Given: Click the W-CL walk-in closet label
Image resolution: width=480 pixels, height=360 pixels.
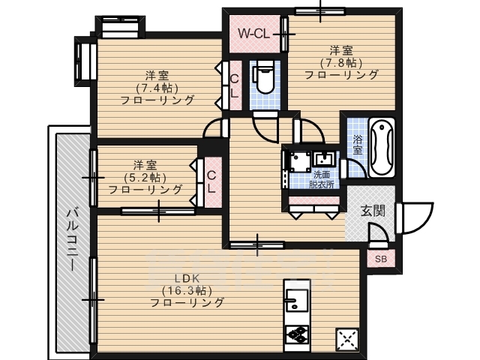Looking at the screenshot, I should [x=253, y=33].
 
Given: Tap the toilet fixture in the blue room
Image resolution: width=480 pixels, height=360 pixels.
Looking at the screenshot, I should [x=263, y=79].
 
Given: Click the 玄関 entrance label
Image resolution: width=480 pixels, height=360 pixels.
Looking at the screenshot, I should [x=373, y=211].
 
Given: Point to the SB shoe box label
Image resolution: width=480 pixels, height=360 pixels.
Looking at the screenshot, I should [x=380, y=259].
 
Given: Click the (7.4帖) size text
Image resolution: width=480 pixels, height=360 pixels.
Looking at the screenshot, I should [x=157, y=88].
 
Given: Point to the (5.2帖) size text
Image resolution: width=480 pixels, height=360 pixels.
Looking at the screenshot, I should [x=145, y=177].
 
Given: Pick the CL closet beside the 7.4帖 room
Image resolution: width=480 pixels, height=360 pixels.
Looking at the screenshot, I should [x=234, y=87].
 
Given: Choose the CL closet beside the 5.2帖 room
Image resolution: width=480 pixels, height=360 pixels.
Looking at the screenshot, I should [x=211, y=181].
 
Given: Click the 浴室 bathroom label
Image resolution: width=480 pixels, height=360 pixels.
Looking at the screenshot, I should [x=358, y=144].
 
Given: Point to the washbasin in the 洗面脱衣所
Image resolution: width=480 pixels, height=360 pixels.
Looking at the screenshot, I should [x=325, y=158].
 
